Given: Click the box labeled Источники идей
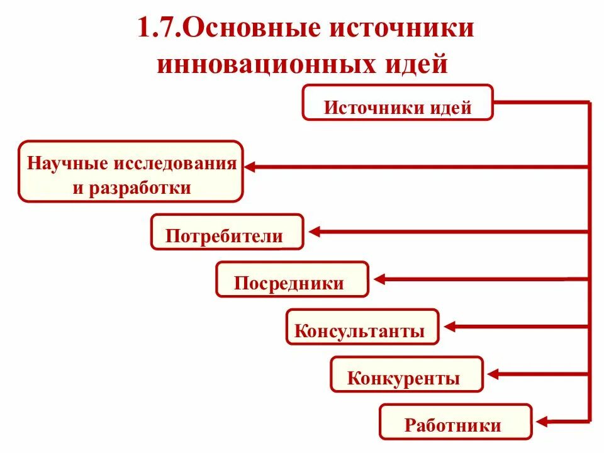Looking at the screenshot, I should [x=398, y=103].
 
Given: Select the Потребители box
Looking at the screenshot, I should [x=227, y=232].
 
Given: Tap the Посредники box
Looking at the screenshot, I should [x=292, y=279].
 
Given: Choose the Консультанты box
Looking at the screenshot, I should [x=362, y=327].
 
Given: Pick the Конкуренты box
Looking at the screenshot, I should [x=406, y=375].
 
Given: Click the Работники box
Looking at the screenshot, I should [x=456, y=422].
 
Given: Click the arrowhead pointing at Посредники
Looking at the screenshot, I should [x=379, y=279].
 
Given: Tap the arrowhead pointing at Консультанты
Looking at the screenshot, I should [x=449, y=327].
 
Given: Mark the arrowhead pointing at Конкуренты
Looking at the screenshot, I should [x=493, y=375].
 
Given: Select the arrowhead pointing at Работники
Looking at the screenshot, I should [x=542, y=422].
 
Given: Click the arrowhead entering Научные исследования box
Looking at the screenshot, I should [x=250, y=167].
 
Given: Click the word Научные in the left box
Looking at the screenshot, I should [x=68, y=164].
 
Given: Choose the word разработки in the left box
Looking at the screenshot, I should [x=141, y=187].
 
